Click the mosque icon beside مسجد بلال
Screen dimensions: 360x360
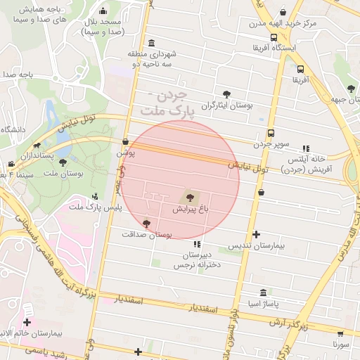103,11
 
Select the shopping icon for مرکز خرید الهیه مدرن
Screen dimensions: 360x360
283,12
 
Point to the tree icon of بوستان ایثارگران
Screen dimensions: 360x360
226,94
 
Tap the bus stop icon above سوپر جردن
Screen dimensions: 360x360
271,133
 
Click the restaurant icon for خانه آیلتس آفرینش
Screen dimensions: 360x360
304,148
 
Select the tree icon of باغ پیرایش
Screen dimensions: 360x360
188,198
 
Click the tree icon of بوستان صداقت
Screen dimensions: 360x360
146,224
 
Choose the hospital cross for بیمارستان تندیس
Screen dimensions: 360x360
256,235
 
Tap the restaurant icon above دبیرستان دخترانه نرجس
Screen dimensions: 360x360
196,243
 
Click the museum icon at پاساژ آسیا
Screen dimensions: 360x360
263,292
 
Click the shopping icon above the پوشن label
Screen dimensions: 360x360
125,141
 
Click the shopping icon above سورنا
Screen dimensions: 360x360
341,334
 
